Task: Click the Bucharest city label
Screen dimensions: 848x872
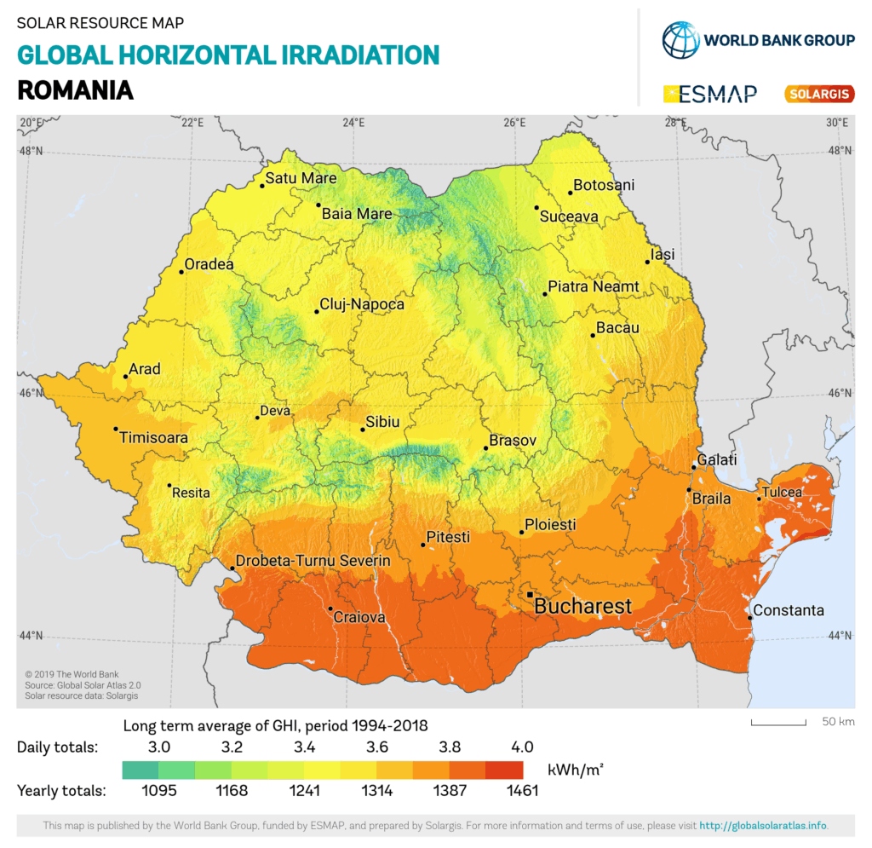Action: tap(582, 607)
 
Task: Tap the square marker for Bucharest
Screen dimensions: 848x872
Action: tap(530, 594)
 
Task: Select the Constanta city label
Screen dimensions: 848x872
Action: tap(789, 610)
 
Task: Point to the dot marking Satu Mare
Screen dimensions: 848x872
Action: tap(262, 185)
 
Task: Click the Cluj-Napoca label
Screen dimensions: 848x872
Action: tap(362, 304)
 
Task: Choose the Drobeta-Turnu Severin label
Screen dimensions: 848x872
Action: tap(313, 561)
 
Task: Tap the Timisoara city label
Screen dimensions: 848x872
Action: tap(153, 437)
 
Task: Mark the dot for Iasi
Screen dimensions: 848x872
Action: tap(647, 262)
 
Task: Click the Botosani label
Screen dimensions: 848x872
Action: tap(604, 185)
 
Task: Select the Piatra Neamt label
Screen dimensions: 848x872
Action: tap(594, 286)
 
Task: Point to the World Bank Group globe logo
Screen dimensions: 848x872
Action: tap(680, 39)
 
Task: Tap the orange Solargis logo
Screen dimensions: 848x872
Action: tap(818, 94)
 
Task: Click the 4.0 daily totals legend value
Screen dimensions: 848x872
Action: tap(522, 747)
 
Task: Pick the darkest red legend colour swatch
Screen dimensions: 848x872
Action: tap(503, 770)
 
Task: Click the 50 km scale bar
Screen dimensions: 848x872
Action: tap(778, 724)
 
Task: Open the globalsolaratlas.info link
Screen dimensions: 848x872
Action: tap(762, 825)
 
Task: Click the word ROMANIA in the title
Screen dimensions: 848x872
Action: tap(75, 89)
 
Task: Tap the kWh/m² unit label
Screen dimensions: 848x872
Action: tap(576, 770)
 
